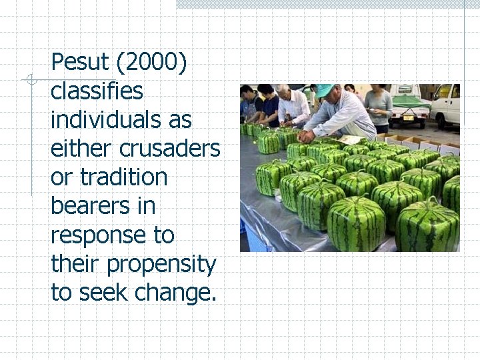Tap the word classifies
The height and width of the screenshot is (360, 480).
coord(97,91)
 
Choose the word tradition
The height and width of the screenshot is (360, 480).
coord(123,177)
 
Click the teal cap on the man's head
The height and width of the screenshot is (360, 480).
coord(325,90)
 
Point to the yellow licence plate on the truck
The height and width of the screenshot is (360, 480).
coord(408,118)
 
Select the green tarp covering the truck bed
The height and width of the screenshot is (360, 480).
coord(410,101)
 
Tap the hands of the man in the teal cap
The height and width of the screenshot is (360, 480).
coord(307,135)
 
